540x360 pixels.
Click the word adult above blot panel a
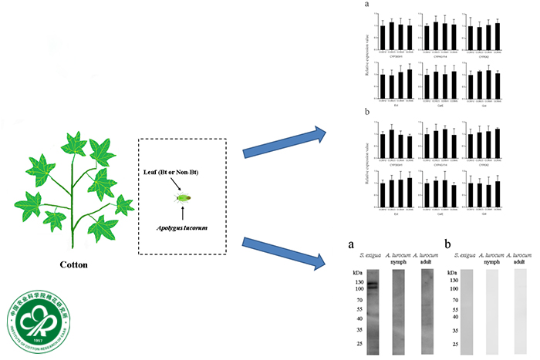coord(428,260)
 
